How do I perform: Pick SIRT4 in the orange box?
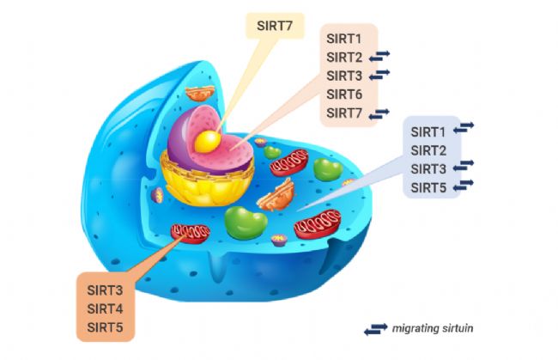point(104,308)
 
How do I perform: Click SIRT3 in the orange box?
point(104,290)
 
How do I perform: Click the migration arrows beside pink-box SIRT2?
point(379,57)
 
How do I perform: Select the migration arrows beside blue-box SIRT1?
point(464,130)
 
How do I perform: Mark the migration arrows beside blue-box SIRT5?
point(464,186)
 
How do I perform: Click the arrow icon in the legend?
point(375,328)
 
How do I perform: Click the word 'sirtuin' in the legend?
point(456,328)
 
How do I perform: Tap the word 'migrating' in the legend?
point(415,328)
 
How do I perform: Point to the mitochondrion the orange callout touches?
point(190,232)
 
